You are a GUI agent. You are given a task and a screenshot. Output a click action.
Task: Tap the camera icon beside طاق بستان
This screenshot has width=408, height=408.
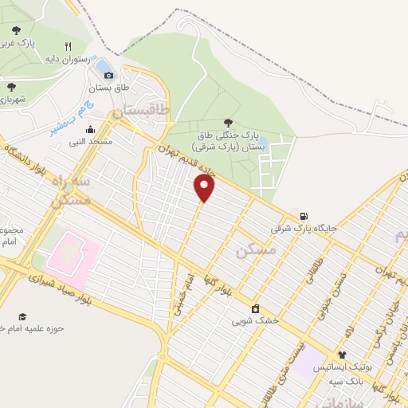tap(109, 75)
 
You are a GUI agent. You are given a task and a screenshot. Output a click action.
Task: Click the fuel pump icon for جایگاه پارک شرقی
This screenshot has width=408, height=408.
tap(304, 217)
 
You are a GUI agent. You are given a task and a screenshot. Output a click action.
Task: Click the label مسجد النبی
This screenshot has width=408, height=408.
tap(90, 141)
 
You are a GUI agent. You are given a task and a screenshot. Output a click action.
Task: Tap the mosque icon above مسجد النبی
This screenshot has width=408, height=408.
tap(90, 130)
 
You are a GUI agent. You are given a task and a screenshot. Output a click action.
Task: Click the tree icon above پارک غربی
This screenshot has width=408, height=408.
tap(17, 30)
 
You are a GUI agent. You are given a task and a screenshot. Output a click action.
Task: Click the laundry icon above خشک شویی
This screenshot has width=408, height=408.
tap(255, 309)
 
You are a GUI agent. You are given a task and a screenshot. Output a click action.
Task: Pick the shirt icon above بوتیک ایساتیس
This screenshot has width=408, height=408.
tap(342, 355)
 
